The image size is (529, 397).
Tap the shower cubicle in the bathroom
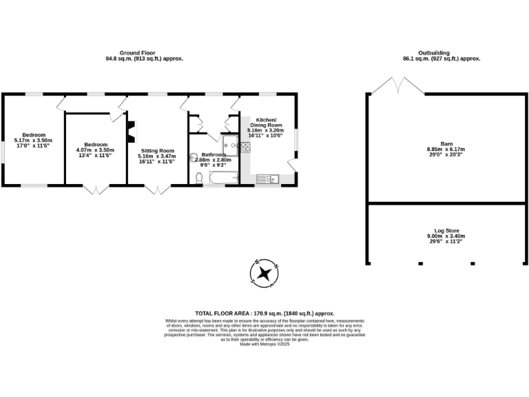[x=231, y=145]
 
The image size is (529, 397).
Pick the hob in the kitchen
[x=245, y=146]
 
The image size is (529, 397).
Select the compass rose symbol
[x=265, y=273]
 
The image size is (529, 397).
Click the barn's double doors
[x=397, y=88]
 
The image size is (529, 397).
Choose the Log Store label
[x=446, y=231]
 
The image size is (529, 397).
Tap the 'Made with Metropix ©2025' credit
[x=264, y=344]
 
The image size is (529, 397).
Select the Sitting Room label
[x=157, y=150]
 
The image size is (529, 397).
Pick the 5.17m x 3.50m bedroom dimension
[x=33, y=141]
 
